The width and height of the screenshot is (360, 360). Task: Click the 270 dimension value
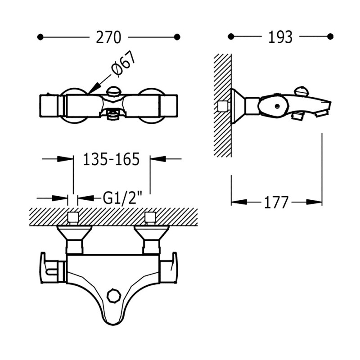[x=108, y=37]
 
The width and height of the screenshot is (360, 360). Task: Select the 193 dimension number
[x=280, y=37]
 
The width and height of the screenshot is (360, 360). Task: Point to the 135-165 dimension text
[x=111, y=159]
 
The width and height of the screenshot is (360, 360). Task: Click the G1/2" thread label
[x=122, y=197]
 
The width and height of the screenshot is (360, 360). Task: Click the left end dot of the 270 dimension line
[x=41, y=36]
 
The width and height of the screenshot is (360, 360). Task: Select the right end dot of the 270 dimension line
[x=177, y=36]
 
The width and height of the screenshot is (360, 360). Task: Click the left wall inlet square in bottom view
[x=73, y=218]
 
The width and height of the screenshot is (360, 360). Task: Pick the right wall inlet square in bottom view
[x=150, y=218]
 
